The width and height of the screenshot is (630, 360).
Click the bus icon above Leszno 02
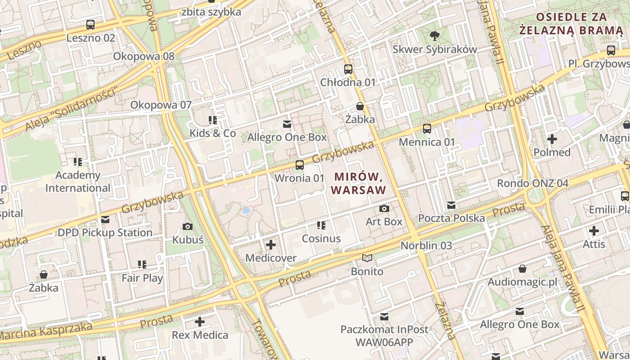coord(90,25)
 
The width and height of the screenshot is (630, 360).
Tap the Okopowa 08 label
coord(144,56)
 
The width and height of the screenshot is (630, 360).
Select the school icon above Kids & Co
coord(213,120)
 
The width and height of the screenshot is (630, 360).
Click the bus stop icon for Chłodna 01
coord(348,69)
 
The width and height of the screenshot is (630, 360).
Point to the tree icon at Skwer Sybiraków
coord(434,36)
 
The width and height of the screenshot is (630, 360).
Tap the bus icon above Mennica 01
coord(427,129)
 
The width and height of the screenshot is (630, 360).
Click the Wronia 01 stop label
coord(299,178)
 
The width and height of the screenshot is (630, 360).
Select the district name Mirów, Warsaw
coord(359,183)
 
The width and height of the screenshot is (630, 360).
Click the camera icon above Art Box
coord(384,208)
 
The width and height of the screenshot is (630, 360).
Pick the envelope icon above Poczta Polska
coord(451,205)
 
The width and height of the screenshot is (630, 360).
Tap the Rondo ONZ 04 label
coord(532,183)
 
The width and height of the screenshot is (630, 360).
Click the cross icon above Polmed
coord(552,139)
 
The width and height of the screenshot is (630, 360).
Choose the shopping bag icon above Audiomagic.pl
coord(522,269)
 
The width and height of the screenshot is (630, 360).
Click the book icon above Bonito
coord(367,258)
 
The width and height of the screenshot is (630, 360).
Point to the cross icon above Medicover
coord(271,245)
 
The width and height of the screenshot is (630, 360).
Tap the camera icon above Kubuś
coord(188,226)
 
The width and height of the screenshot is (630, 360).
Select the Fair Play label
coord(142,278)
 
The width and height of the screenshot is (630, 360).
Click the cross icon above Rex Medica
coord(200,322)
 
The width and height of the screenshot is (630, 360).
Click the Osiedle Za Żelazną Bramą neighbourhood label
coord(571,24)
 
